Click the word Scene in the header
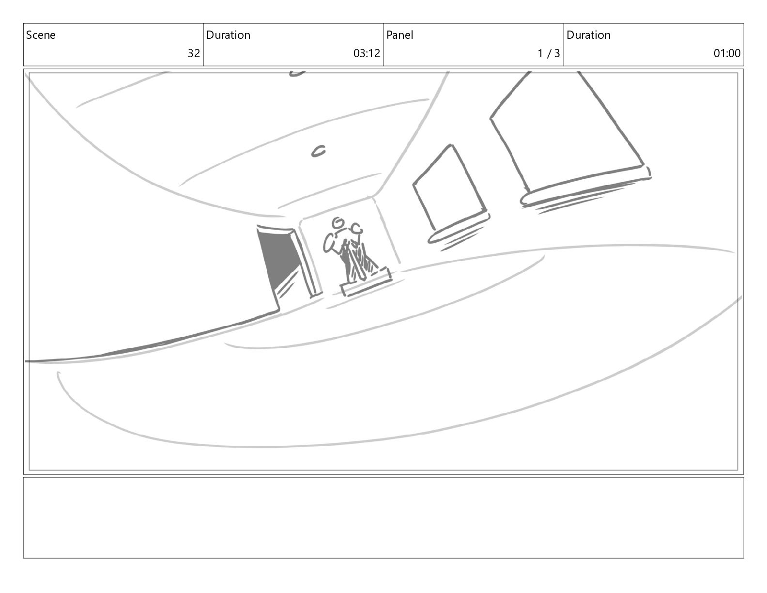click(41, 35)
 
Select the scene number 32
click(194, 53)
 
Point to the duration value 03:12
click(367, 53)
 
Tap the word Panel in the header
click(399, 35)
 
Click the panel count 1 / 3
click(549, 53)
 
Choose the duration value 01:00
click(727, 53)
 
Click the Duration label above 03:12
click(229, 35)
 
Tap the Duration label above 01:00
click(588, 35)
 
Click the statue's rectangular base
click(367, 281)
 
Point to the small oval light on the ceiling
click(319, 151)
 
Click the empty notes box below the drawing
click(383, 518)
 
